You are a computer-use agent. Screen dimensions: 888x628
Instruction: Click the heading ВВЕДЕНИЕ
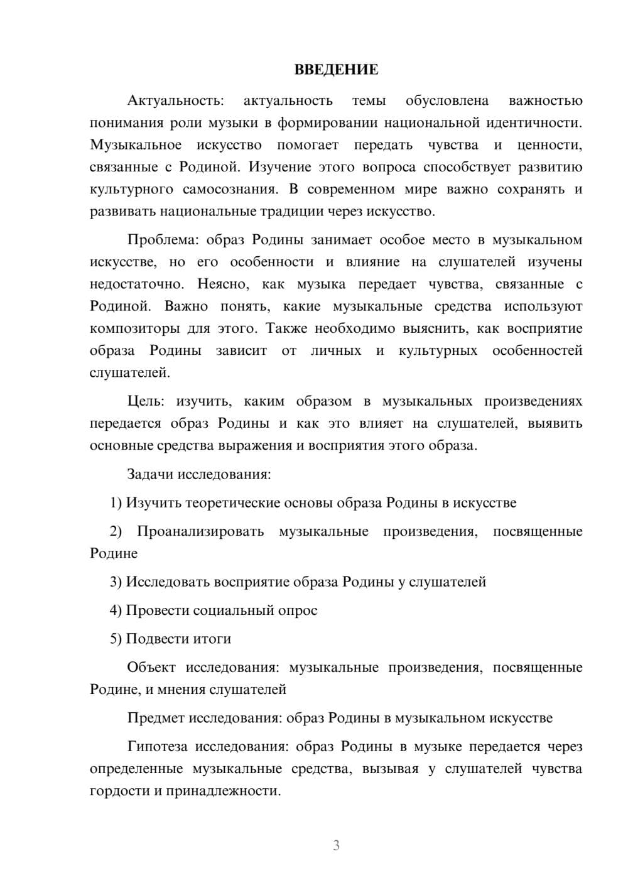pos(336,70)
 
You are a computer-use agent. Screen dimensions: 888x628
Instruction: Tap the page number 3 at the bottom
pos(336,845)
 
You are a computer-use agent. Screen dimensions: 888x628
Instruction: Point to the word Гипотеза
pos(158,747)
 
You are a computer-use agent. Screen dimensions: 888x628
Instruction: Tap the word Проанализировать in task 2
pos(200,531)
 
